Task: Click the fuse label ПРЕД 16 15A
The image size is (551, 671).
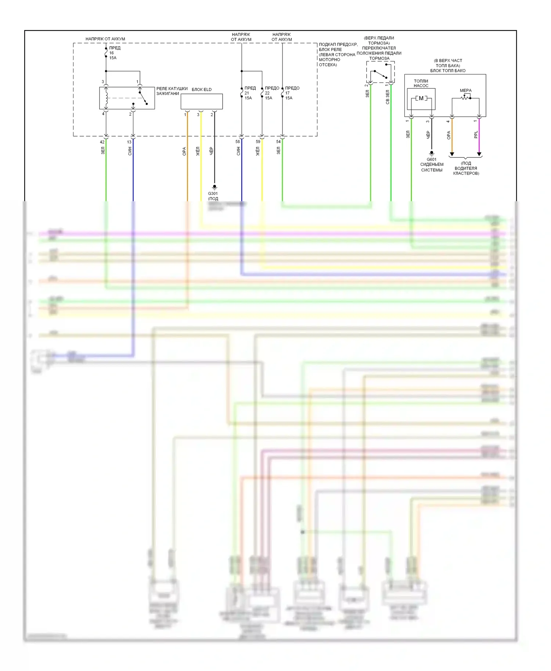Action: (114, 53)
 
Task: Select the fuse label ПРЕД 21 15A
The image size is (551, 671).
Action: (250, 93)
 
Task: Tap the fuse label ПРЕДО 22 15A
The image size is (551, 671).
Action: (271, 93)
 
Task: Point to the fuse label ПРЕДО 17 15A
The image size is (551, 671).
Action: (292, 93)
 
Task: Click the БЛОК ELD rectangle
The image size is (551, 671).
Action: (201, 101)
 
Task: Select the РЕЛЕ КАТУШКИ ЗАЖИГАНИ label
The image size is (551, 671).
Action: (172, 91)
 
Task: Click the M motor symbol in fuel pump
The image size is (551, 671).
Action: (421, 98)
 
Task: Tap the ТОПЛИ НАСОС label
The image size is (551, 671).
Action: (421, 83)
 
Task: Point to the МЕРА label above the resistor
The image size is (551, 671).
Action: (465, 90)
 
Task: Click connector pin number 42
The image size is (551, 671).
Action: (102, 142)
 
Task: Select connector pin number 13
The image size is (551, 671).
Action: (129, 142)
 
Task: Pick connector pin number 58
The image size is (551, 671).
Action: (238, 142)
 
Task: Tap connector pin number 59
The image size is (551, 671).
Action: (258, 142)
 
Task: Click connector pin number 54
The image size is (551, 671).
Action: (278, 142)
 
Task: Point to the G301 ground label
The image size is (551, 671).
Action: (213, 193)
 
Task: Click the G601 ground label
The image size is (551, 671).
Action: (432, 159)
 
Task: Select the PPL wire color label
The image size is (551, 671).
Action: (476, 135)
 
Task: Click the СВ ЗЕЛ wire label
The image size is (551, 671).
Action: (388, 97)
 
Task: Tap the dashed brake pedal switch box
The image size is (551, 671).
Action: (380, 72)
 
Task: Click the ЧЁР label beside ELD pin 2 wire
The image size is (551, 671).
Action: (211, 150)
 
